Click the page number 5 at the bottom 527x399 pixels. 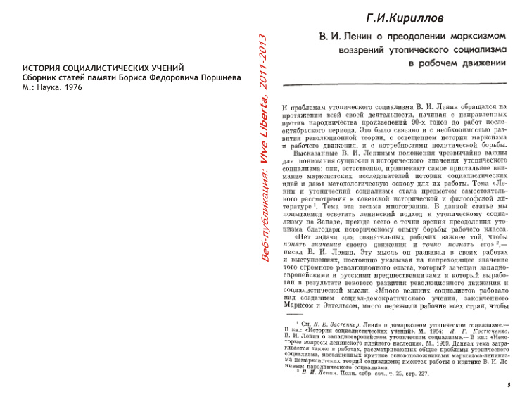click(x=508, y=386)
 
